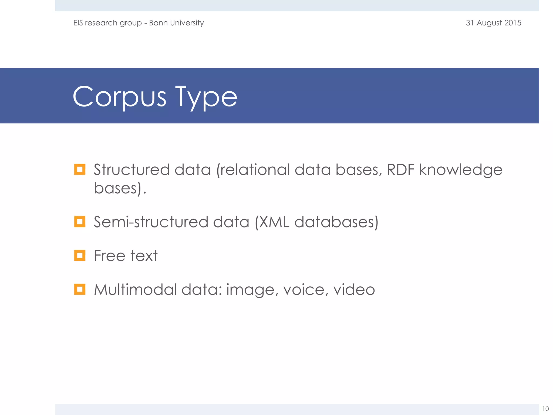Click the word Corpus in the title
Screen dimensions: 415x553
coord(119,97)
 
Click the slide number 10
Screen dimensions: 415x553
coord(545,409)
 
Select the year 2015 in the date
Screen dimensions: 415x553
coord(513,23)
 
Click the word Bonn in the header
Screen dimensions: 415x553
coord(158,23)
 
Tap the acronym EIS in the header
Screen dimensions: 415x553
coord(78,23)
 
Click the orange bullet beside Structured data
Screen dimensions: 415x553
coord(80,169)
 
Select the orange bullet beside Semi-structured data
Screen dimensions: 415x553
coord(80,222)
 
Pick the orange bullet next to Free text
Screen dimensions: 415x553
coord(80,255)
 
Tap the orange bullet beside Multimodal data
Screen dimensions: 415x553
coord(80,289)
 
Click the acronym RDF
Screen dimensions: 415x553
coord(400,170)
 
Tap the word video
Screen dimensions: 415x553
coord(354,289)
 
